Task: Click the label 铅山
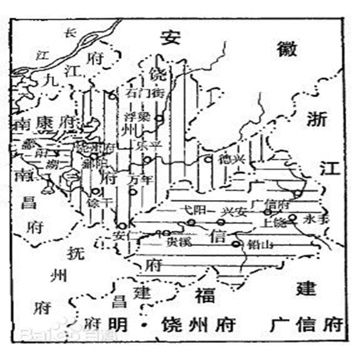pos(256,245)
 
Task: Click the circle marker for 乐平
pos(147,160)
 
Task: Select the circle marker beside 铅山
pos(236,244)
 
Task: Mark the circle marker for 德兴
pos(208,159)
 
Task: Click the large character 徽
pos(286,49)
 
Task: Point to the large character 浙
pos(317,119)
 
